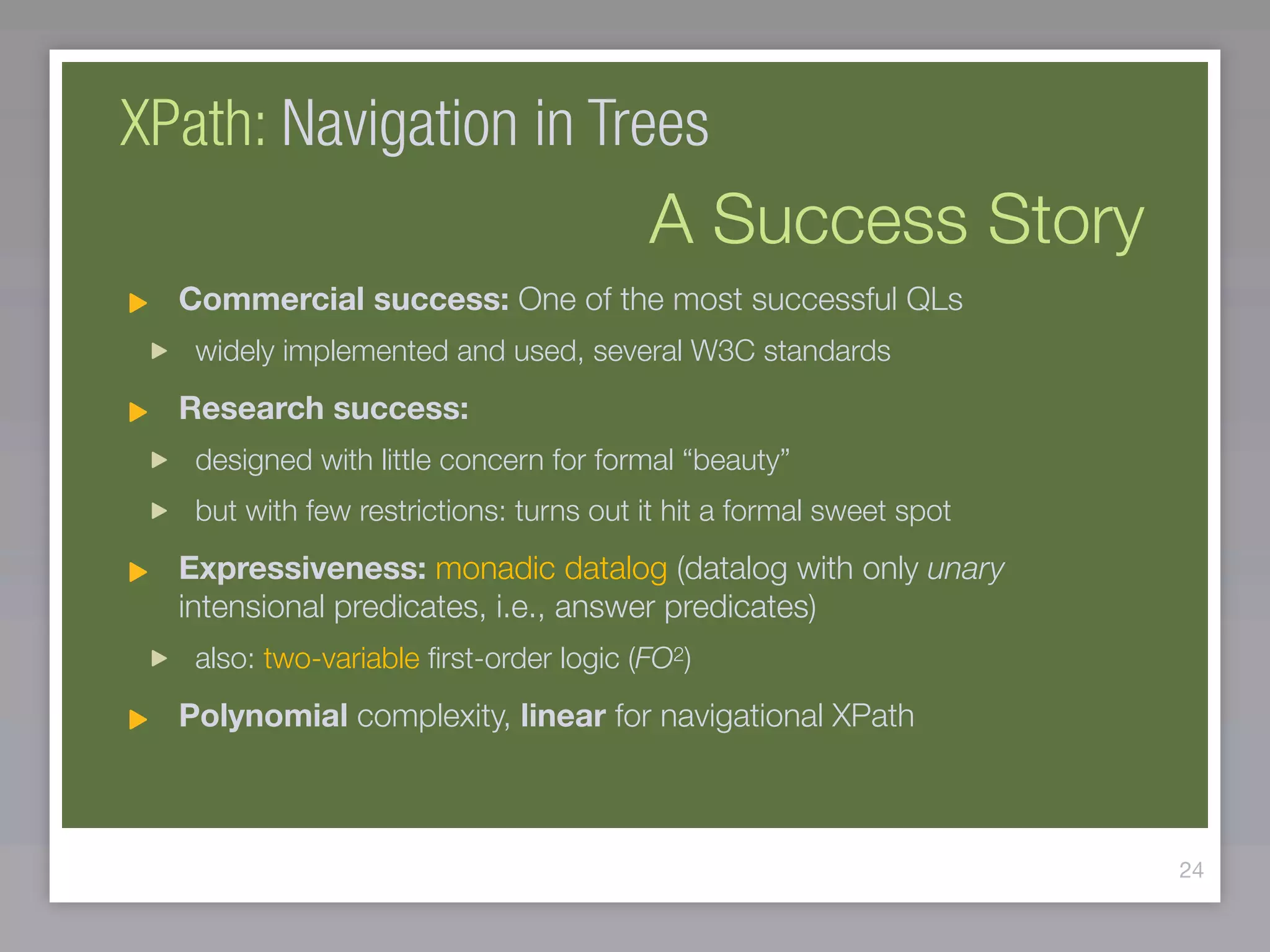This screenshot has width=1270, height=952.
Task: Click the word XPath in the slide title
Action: [x=192, y=124]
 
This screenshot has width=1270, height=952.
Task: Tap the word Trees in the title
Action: [x=647, y=124]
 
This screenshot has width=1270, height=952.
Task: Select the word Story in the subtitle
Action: [x=1065, y=220]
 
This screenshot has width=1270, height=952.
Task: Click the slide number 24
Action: [x=1191, y=870]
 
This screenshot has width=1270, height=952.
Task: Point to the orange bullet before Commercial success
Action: [x=138, y=303]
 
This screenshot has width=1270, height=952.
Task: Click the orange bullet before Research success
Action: [x=138, y=412]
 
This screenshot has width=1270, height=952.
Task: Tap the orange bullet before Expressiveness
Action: [x=138, y=571]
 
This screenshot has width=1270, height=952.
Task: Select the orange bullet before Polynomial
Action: [x=138, y=720]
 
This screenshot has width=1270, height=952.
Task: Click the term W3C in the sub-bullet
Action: [x=722, y=351]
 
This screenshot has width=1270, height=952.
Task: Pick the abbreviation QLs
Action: [x=934, y=299]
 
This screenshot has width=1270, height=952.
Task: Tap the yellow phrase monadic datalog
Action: [x=551, y=569]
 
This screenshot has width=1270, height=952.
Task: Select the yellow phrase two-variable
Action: [x=341, y=658]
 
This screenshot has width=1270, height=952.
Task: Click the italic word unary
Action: [x=965, y=569]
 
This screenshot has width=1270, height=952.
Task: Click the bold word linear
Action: [x=562, y=716]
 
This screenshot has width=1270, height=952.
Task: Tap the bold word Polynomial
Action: [x=263, y=716]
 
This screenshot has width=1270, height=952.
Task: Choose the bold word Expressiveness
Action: [x=302, y=568]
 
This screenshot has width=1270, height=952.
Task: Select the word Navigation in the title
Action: [x=399, y=124]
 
